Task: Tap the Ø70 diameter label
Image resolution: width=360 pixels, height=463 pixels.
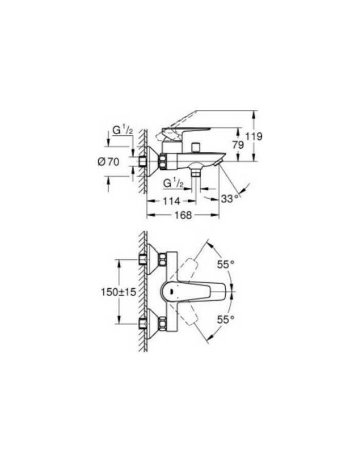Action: pyautogui.click(x=108, y=162)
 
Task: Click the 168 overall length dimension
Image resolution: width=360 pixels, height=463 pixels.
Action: pyautogui.click(x=183, y=216)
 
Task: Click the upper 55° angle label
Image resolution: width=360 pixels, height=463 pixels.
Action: pyautogui.click(x=225, y=263)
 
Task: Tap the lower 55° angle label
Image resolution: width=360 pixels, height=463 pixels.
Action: pyautogui.click(x=225, y=319)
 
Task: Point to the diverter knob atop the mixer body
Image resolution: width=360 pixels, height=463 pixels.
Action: pyautogui.click(x=194, y=148)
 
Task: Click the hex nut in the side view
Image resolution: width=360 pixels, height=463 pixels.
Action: pyautogui.click(x=163, y=162)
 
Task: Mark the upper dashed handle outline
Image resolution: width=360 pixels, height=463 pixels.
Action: pyautogui.click(x=191, y=268)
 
